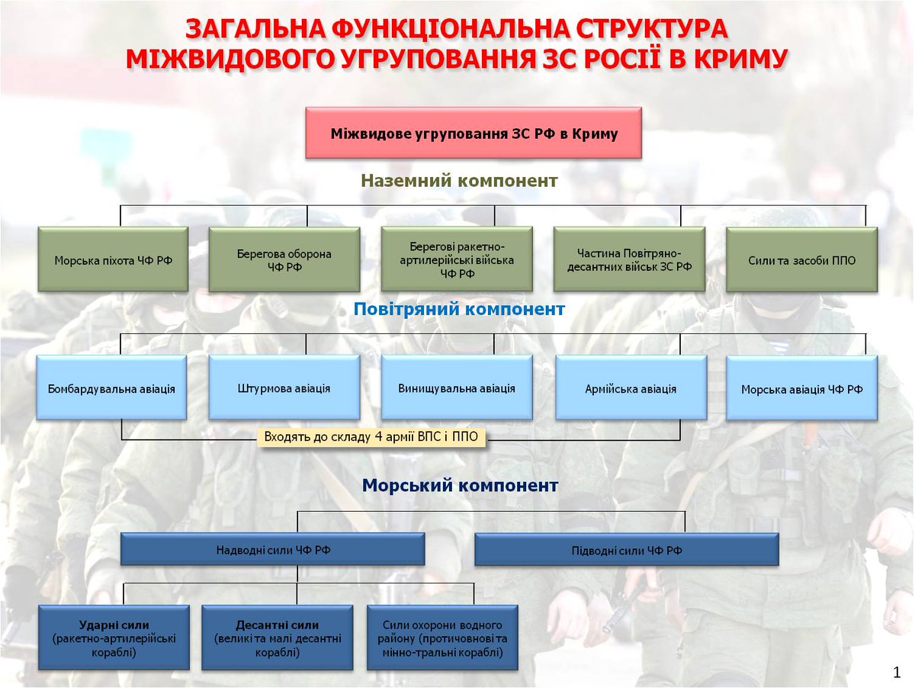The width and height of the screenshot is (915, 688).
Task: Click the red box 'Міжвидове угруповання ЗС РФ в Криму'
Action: coord(474,133)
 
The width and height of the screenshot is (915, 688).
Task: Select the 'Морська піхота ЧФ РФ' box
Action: coord(113,259)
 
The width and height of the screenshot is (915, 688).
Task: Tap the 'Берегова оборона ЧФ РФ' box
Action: coord(284,259)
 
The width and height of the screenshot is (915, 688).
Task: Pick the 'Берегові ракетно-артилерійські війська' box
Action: coord(456,259)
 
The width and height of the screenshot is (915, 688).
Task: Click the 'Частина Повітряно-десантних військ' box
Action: coord(629,259)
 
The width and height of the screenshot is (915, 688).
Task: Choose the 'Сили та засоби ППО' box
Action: coord(801,259)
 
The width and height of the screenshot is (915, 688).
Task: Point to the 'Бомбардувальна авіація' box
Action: coord(111,387)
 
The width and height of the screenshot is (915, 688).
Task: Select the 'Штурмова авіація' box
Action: coord(284,387)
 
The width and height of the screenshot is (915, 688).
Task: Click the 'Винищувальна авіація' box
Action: coord(456,387)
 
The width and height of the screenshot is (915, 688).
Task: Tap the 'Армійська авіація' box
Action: coord(631,388)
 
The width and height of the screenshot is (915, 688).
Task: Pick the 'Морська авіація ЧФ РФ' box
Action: coord(801,388)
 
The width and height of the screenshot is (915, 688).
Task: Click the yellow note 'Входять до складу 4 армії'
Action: coord(374,438)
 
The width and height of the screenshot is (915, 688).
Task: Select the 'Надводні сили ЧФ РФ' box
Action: coord(272,549)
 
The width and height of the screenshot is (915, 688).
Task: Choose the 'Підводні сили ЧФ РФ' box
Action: coord(626,549)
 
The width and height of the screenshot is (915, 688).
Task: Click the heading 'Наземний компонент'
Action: coord(459,182)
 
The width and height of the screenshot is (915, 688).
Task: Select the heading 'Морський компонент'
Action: coord(460,486)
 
